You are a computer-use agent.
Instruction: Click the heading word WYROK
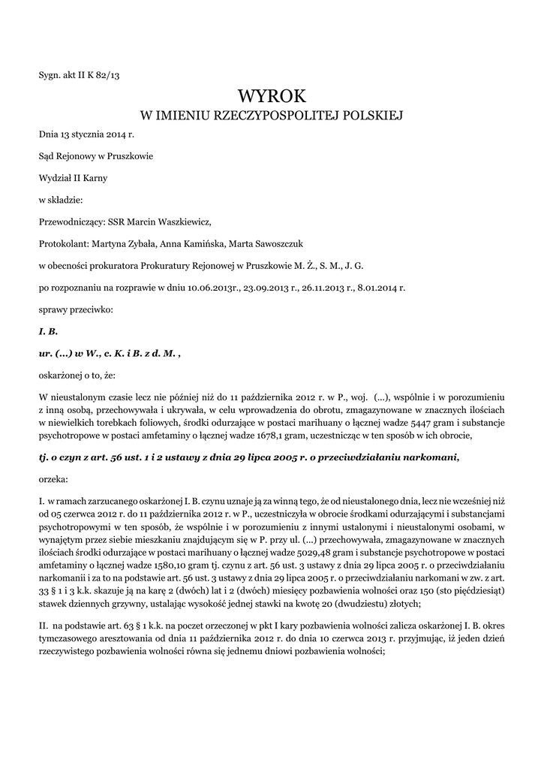pos(272,95)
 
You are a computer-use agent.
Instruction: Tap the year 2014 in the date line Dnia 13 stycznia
pos(111,135)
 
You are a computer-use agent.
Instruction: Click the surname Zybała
pos(137,243)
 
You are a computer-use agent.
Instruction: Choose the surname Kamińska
pos(196,243)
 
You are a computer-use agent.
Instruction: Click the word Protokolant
pos(63,243)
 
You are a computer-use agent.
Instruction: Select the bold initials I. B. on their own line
pos(48,330)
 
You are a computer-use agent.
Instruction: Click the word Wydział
pos(55,178)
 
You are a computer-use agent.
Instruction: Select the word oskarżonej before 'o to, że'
pos(62,374)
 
